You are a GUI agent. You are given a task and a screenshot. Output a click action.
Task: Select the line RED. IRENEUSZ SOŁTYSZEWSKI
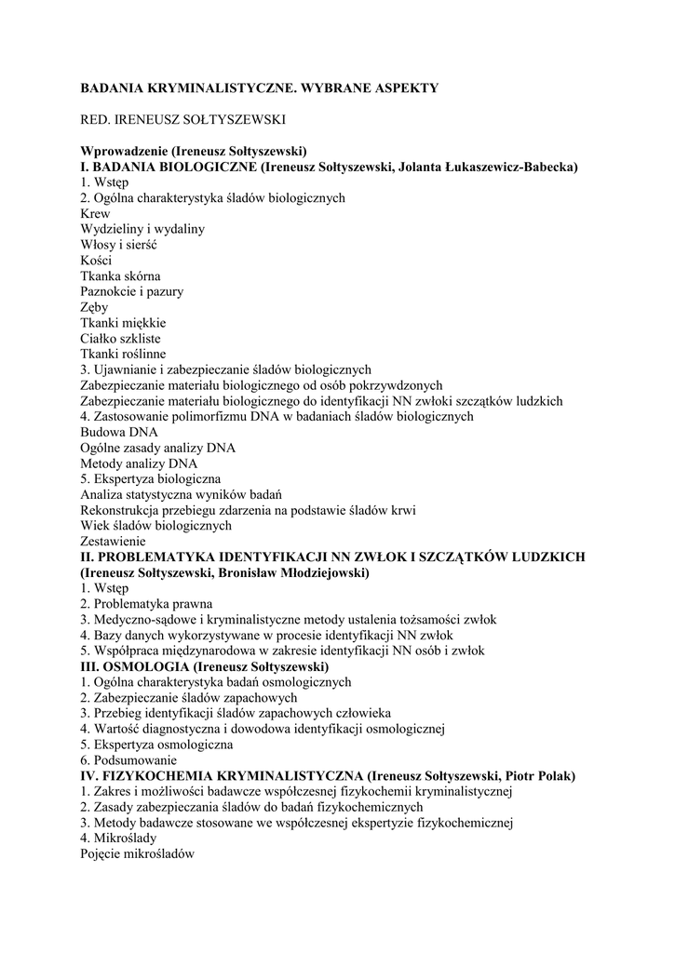tap(182, 119)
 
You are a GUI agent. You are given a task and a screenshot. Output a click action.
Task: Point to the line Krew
tap(95, 213)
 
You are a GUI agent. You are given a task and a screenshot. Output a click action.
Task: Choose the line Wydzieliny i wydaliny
tap(142, 229)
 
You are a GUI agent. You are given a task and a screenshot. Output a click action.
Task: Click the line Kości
tap(96, 261)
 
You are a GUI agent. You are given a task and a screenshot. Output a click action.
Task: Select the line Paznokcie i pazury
tap(131, 291)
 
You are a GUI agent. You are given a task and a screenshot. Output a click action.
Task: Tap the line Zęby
tap(94, 307)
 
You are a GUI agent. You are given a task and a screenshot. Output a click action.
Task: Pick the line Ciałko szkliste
tap(121, 338)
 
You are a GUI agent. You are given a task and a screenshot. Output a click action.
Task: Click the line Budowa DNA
tap(119, 432)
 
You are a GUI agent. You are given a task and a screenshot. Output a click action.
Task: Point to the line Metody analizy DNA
tap(139, 463)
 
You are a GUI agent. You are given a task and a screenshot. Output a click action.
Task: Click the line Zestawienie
tap(113, 541)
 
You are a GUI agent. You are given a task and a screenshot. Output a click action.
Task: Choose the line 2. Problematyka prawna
tap(146, 603)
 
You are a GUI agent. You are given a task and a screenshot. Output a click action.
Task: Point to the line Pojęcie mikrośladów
tap(137, 853)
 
